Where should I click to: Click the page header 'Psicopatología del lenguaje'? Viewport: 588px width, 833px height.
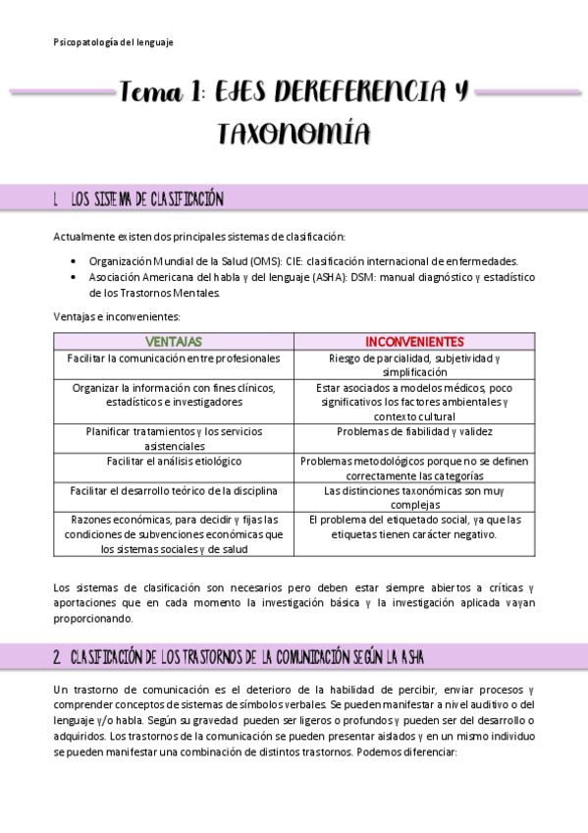pyautogui.click(x=113, y=42)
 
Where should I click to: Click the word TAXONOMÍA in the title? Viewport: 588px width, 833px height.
pyautogui.click(x=294, y=134)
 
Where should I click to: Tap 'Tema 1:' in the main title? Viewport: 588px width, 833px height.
pyautogui.click(x=162, y=94)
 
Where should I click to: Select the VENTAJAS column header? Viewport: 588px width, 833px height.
pyautogui.click(x=173, y=342)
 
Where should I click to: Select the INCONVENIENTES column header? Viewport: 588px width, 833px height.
pyautogui.click(x=414, y=342)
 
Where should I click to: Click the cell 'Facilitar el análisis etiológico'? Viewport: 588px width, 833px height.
pyautogui.click(x=174, y=461)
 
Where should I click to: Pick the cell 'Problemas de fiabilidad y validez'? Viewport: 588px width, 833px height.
pyautogui.click(x=414, y=431)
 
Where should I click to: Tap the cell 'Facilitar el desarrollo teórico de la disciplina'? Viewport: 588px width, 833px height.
pyautogui.click(x=174, y=490)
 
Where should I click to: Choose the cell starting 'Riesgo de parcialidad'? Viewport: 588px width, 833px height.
pyautogui.click(x=414, y=365)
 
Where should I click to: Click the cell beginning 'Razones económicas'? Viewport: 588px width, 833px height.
pyautogui.click(x=174, y=534)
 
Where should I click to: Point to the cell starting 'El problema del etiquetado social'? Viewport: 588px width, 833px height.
pyautogui.click(x=414, y=527)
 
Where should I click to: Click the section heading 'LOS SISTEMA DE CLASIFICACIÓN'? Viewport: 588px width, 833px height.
pyautogui.click(x=147, y=200)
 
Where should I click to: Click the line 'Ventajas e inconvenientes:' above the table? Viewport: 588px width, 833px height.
pyautogui.click(x=117, y=315)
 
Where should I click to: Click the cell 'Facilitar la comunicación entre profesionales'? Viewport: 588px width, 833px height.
pyautogui.click(x=174, y=359)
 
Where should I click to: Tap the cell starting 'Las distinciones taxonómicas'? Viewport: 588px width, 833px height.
pyautogui.click(x=414, y=497)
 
